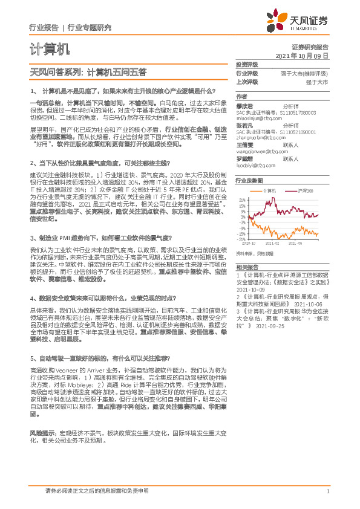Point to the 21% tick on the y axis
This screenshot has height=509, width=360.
[x=241, y=199]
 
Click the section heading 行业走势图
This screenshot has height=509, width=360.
[x=249, y=181]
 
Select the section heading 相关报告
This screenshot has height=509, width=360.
[x=247, y=267]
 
